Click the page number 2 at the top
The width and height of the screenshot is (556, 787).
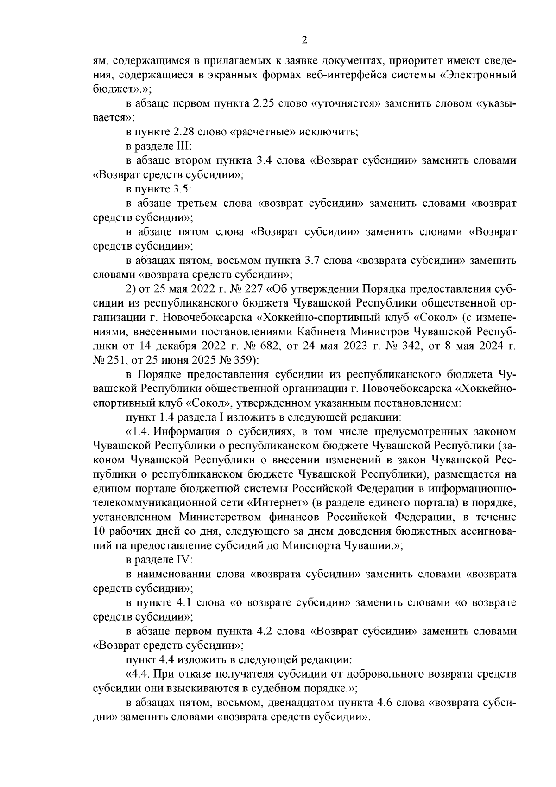pyautogui.click(x=304, y=40)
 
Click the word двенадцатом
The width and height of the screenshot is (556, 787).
pyautogui.click(x=297, y=703)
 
